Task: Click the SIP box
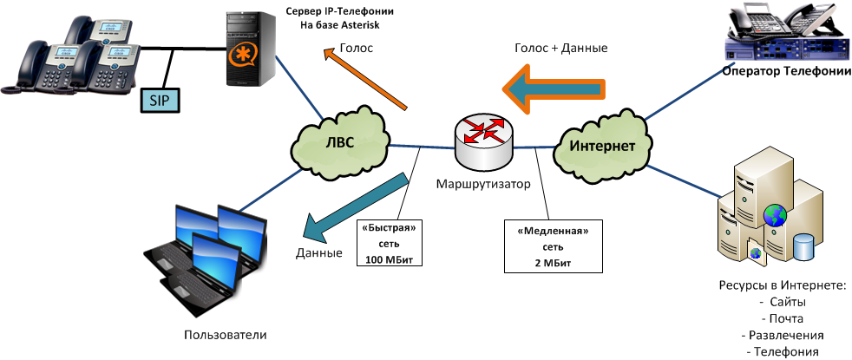coord(159,101)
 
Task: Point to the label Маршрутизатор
coord(483,186)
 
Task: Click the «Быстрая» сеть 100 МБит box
coord(389,242)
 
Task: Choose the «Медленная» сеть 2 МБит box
coord(547,245)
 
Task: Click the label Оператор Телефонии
coord(786,72)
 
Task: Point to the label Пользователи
coord(226,335)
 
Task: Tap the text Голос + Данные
coord(560,49)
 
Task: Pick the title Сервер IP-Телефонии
coord(340,11)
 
